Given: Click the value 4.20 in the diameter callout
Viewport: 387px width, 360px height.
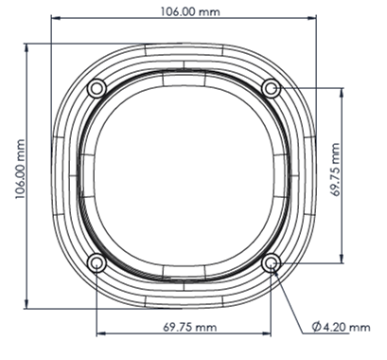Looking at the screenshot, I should (x=339, y=326).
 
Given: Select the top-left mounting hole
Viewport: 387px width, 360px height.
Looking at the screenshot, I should (x=97, y=88).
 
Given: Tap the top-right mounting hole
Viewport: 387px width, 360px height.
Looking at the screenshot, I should (x=273, y=88).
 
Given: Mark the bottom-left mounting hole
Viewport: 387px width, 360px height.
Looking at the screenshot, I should (x=97, y=262).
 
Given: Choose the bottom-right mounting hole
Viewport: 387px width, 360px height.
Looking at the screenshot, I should (x=273, y=262).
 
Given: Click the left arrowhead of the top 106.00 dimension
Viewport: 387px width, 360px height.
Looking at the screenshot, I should (x=54, y=19).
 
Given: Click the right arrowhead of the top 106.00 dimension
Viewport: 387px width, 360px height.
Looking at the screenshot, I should (x=315, y=19).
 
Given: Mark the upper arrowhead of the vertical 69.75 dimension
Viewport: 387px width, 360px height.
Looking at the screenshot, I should (x=341, y=93).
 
